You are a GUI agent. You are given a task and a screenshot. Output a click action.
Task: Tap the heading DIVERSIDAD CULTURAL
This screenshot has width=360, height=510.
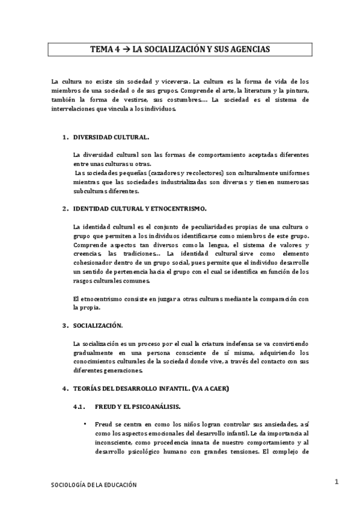tap(107, 138)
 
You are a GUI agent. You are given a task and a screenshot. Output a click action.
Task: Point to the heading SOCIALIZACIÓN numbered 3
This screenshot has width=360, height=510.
tap(98, 325)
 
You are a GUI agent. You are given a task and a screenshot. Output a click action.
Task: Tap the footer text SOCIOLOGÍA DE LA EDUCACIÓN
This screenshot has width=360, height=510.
tap(93, 485)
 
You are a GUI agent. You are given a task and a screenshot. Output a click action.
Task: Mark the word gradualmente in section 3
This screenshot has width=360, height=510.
tap(93, 352)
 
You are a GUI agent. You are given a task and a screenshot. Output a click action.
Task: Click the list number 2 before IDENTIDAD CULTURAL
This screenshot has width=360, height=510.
tap(64, 209)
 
